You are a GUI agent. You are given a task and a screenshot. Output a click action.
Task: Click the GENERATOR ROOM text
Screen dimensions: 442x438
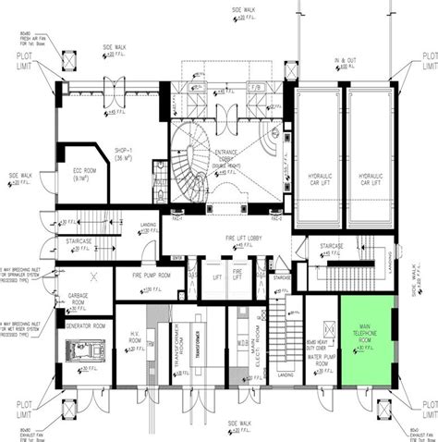click(85, 326)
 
